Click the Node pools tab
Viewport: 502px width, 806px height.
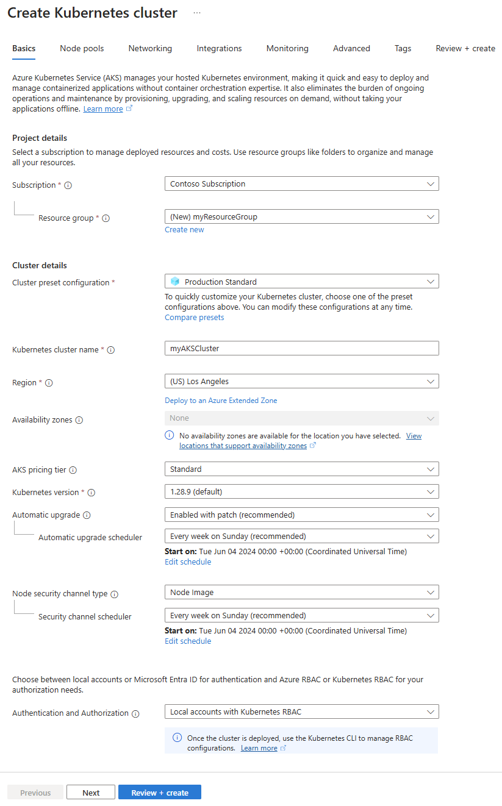click(82, 49)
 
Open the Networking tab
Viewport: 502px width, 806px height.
click(150, 49)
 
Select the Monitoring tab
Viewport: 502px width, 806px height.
click(287, 49)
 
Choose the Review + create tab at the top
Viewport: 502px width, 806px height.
click(465, 49)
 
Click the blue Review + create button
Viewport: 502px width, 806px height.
click(160, 793)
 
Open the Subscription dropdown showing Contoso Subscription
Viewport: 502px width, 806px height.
click(301, 184)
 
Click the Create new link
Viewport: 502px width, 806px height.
click(184, 230)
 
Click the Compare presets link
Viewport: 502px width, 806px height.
click(194, 318)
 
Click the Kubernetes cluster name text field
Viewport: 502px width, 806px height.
click(301, 348)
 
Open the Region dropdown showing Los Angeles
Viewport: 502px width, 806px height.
click(301, 382)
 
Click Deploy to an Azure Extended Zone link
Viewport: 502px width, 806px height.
click(221, 401)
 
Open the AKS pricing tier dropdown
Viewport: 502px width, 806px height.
click(301, 469)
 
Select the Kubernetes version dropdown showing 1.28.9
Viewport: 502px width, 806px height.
click(301, 491)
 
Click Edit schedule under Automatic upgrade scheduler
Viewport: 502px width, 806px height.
click(188, 562)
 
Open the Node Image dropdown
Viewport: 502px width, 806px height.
click(301, 593)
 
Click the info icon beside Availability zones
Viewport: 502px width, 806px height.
click(79, 420)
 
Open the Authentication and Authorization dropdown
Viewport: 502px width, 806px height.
click(301, 712)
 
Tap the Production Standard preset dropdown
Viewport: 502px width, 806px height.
click(301, 282)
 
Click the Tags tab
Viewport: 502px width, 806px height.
click(403, 49)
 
